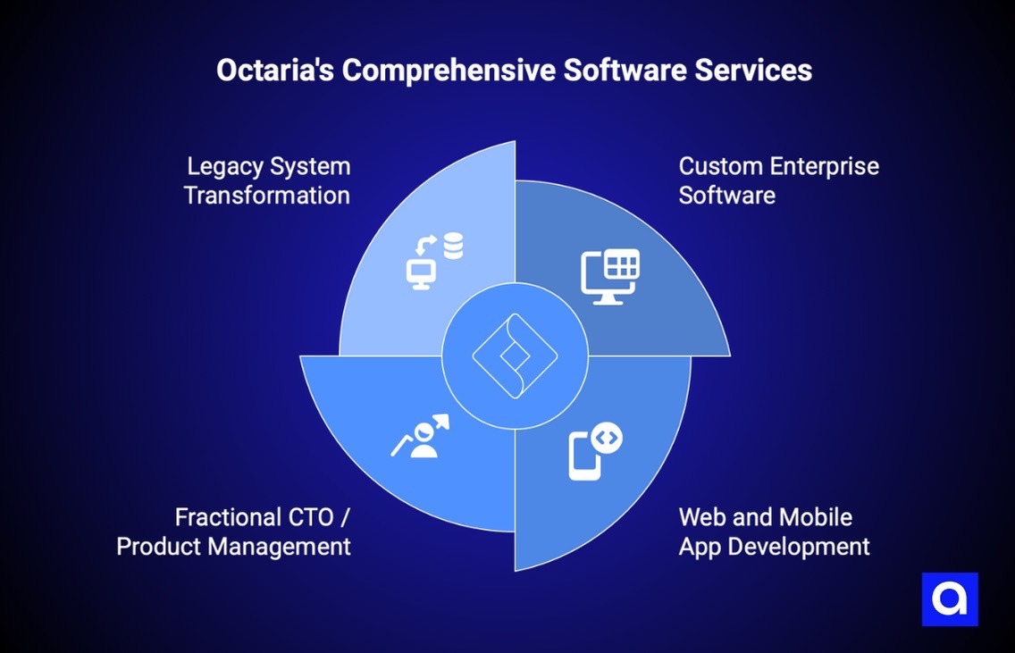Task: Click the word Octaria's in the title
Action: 274,71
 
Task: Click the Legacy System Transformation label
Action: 267,180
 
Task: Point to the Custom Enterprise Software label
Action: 778,180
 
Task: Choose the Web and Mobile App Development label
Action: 774,532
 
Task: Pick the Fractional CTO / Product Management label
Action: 234,532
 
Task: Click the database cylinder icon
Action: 454,244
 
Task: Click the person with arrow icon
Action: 421,436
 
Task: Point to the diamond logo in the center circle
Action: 515,356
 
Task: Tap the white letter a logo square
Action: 950,599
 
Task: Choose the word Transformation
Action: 267,196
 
